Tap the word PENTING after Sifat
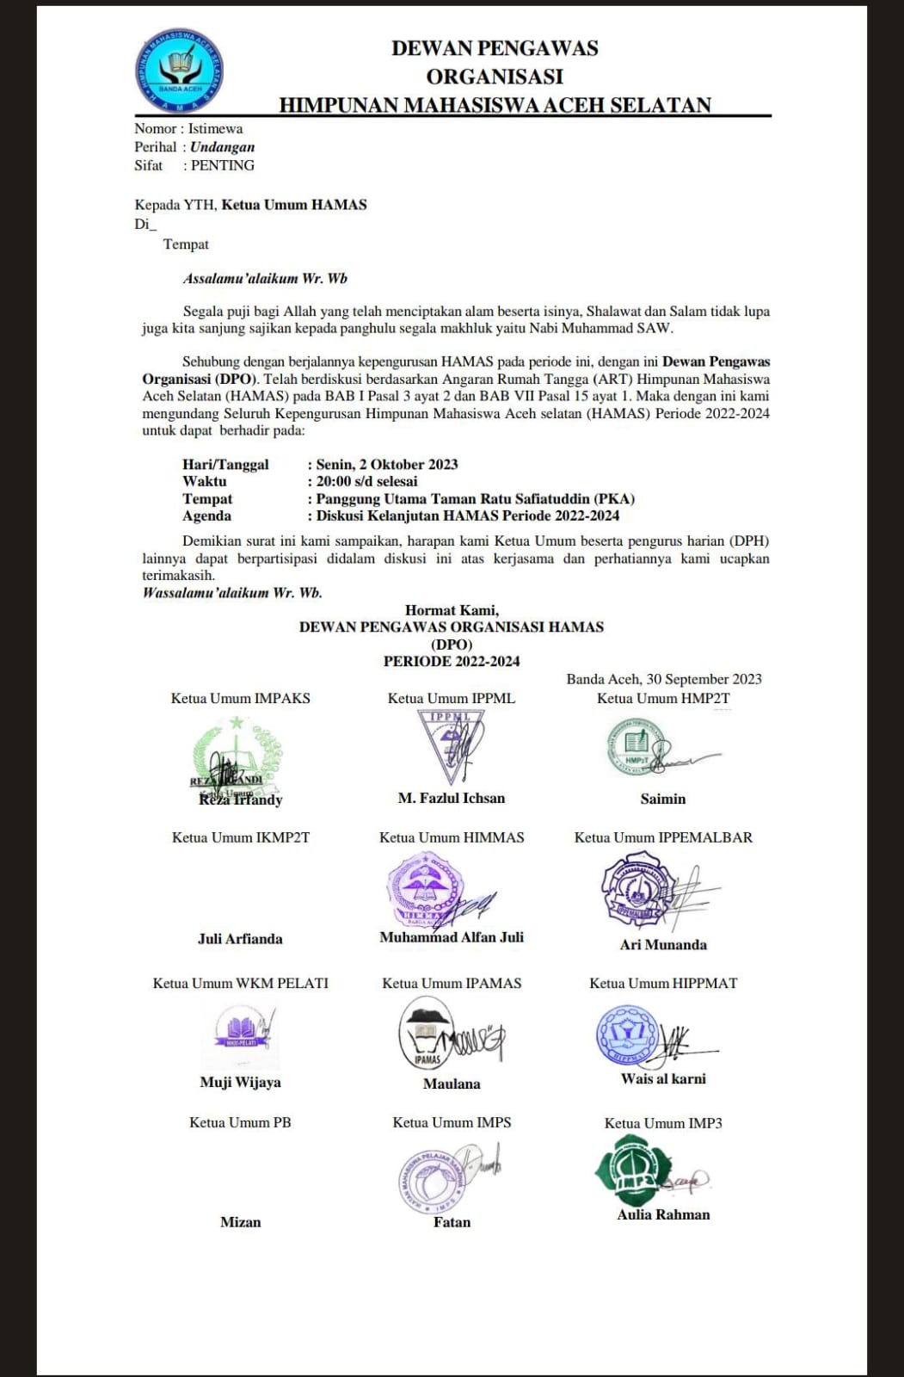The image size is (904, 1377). [222, 165]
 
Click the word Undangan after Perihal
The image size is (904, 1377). [222, 147]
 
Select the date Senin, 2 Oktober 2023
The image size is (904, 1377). [386, 465]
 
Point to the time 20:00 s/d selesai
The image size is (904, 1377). [366, 482]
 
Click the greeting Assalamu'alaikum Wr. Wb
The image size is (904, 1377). [265, 279]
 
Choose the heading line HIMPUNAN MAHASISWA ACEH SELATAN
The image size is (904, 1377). [495, 105]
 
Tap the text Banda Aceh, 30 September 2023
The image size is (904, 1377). [664, 679]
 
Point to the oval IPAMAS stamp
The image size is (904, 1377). [427, 1033]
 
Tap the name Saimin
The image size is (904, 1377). [663, 799]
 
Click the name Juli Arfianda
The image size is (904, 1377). [240, 939]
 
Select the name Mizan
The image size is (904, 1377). [240, 1222]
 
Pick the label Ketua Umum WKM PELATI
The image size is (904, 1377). [240, 983]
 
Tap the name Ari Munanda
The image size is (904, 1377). [663, 945]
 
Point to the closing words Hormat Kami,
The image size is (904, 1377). [452, 610]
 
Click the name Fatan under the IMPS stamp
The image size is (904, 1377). [452, 1222]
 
